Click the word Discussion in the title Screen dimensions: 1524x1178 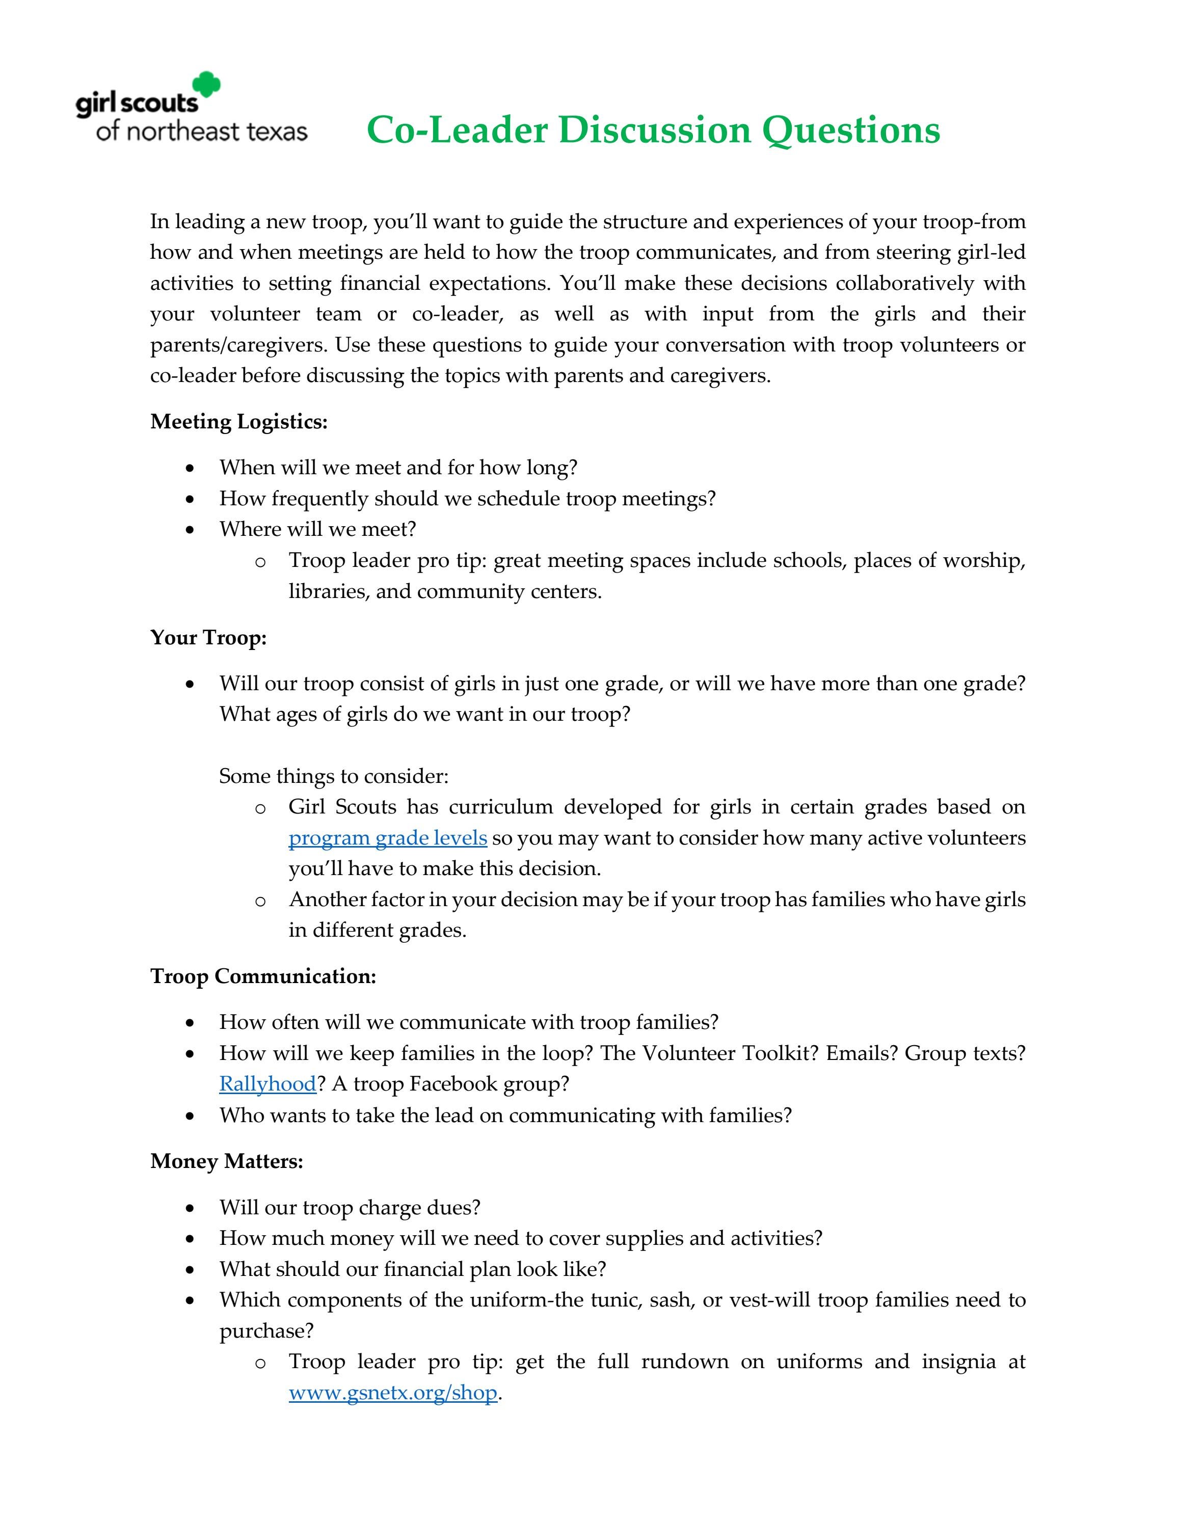click(654, 130)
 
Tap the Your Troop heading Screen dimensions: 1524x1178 click(208, 637)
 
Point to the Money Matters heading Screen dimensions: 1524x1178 click(226, 1161)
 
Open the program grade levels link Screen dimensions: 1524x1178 click(387, 837)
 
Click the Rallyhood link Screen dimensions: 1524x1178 click(267, 1084)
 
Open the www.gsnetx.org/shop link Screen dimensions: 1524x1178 click(392, 1392)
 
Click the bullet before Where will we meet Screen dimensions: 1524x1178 click(190, 530)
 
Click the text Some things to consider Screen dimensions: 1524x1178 click(334, 776)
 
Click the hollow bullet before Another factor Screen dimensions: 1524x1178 click(260, 901)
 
